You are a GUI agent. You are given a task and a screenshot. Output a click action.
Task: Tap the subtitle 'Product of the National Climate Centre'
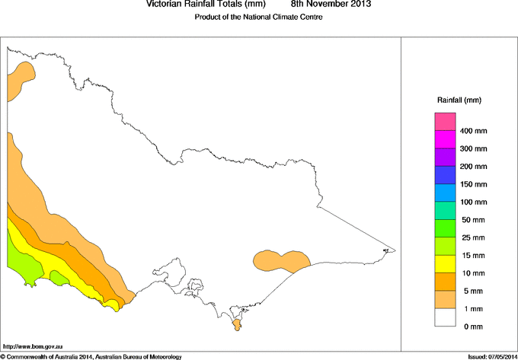(259, 17)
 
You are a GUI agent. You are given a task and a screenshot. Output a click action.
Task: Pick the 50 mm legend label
(473, 219)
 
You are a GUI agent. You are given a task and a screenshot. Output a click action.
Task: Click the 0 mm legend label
(473, 326)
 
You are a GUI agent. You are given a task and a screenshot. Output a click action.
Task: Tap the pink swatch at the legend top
(445, 122)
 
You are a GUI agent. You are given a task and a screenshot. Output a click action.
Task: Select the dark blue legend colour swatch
(445, 175)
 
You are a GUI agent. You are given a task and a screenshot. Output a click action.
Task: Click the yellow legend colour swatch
(445, 263)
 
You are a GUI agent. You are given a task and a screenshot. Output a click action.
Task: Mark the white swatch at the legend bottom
(445, 317)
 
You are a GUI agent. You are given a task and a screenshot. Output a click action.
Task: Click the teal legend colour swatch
(445, 210)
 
